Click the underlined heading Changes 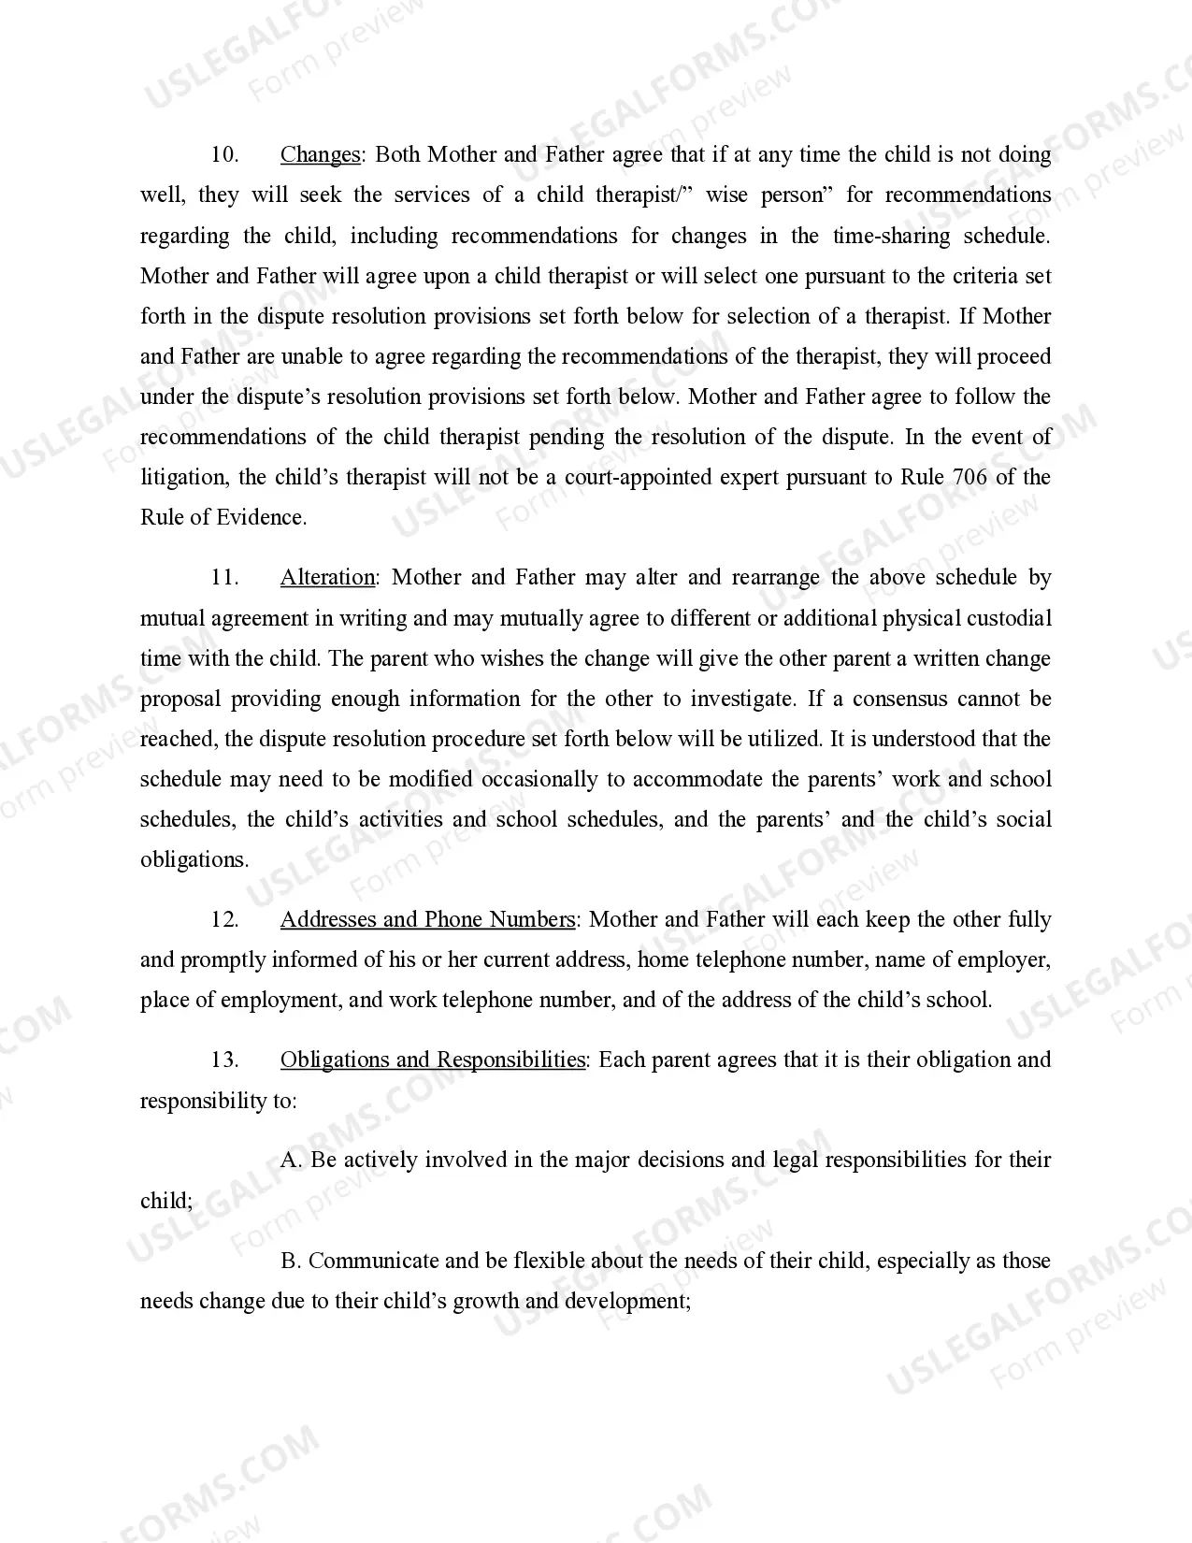[x=320, y=154]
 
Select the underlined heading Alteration [x=327, y=577]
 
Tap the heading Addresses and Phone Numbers [x=427, y=919]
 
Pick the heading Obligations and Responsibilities [x=433, y=1060]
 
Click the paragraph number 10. [x=225, y=154]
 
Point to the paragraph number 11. [x=225, y=577]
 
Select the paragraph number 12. [x=225, y=919]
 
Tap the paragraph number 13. [x=225, y=1060]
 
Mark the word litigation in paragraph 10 [x=183, y=477]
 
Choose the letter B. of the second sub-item [x=290, y=1261]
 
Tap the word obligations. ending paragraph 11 [x=194, y=859]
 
